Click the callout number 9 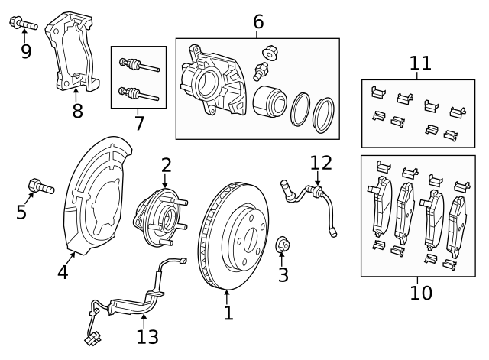pyautogui.click(x=26, y=52)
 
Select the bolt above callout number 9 pyautogui.click(x=24, y=24)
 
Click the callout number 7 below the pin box pyautogui.click(x=138, y=122)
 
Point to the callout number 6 pyautogui.click(x=258, y=21)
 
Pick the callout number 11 pyautogui.click(x=420, y=63)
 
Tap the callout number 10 pyautogui.click(x=420, y=292)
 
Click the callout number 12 pyautogui.click(x=322, y=162)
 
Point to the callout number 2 pyautogui.click(x=166, y=164)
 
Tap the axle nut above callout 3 pyautogui.click(x=282, y=245)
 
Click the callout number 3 pyautogui.click(x=283, y=274)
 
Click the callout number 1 pyautogui.click(x=227, y=313)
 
